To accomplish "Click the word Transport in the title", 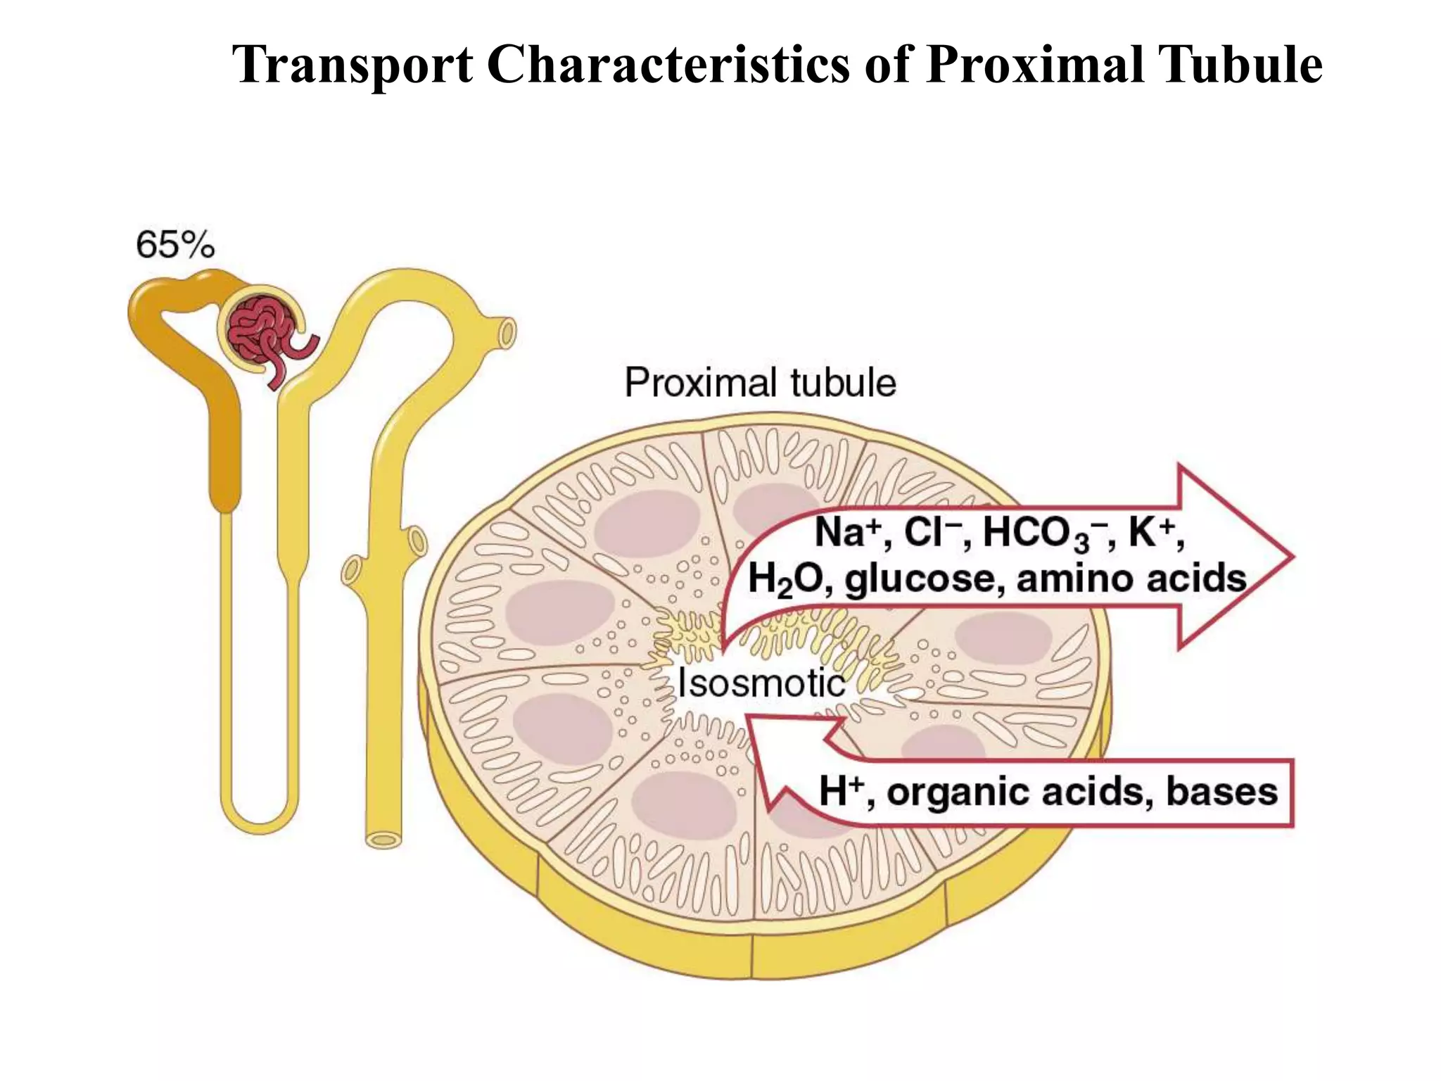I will pos(353,65).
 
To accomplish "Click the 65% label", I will pos(174,246).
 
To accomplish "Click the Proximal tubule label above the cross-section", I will pos(760,384).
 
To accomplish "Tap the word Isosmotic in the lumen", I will pos(761,683).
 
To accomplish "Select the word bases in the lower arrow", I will pos(1221,791).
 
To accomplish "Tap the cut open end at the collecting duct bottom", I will pos(384,839).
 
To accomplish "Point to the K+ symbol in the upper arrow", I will pos(1153,532).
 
